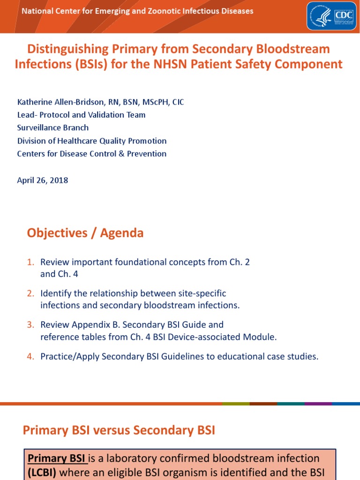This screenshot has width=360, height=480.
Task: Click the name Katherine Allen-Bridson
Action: tap(59, 102)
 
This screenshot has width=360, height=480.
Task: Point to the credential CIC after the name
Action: tap(178, 102)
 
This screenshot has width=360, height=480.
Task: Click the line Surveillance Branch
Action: tap(53, 127)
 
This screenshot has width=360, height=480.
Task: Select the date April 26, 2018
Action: tap(43, 180)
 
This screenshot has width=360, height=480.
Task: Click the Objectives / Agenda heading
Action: tap(85, 233)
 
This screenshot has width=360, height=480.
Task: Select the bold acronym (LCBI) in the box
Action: tap(42, 472)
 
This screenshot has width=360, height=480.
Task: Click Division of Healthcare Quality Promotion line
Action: tap(92, 141)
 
